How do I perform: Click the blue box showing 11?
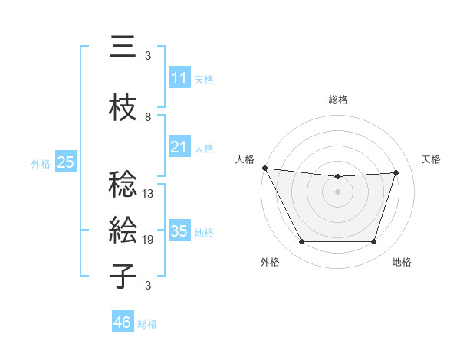click(179, 77)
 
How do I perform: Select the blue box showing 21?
click(179, 146)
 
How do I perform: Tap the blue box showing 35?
click(179, 231)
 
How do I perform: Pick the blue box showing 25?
click(65, 162)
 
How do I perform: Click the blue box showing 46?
click(123, 322)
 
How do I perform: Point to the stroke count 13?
click(149, 194)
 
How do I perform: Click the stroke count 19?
click(149, 240)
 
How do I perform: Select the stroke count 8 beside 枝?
click(148, 117)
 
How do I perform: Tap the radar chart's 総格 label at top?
click(338, 100)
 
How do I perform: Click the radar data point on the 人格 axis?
click(264, 168)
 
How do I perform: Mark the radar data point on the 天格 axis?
click(396, 173)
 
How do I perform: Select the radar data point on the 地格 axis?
click(373, 242)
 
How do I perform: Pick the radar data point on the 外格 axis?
click(301, 242)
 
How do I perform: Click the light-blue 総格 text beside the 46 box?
click(147, 324)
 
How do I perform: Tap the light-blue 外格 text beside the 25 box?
click(41, 163)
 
